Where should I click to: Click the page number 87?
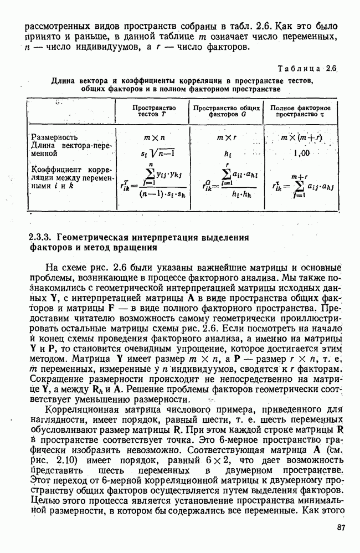pos(340,528)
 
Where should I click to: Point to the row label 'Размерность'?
pos(54,137)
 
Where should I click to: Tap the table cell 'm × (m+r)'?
pos(302,137)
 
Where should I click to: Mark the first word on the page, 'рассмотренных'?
pos(57,27)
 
